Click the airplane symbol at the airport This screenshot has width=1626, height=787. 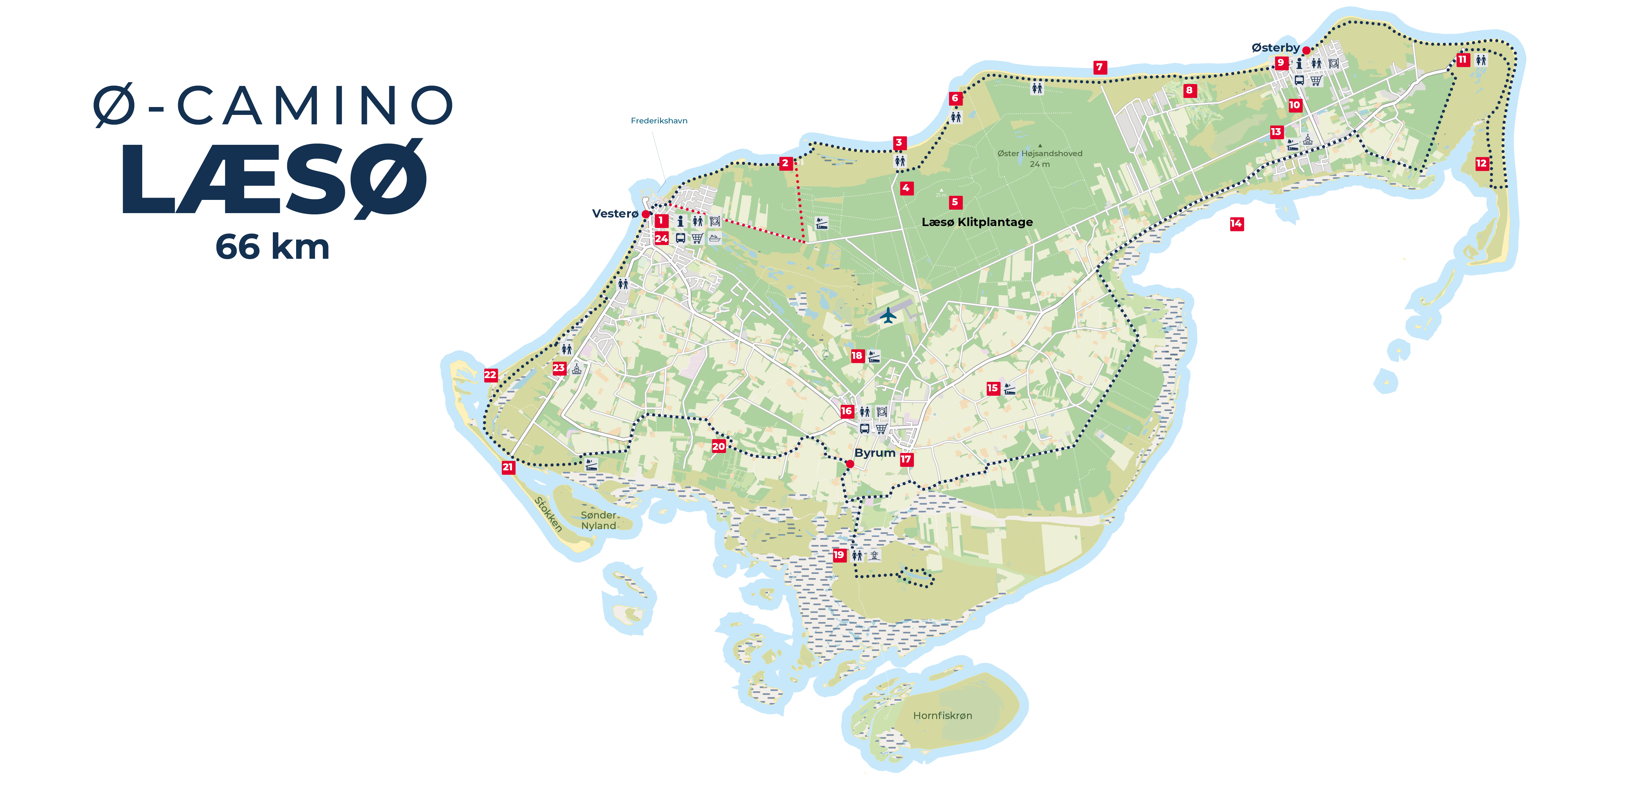point(888,315)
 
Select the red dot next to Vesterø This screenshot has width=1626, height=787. point(646,214)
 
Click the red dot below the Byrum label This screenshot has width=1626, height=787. point(850,464)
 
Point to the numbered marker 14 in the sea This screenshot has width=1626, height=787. point(1236,224)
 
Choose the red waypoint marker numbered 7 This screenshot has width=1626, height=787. point(1100,67)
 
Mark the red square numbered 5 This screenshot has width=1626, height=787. point(955,202)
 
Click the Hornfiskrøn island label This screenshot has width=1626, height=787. point(942,716)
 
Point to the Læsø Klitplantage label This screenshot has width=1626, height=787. point(977,222)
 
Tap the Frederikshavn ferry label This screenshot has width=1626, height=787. point(659,121)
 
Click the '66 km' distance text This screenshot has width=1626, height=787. point(273,247)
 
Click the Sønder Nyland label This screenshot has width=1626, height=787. point(599,520)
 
